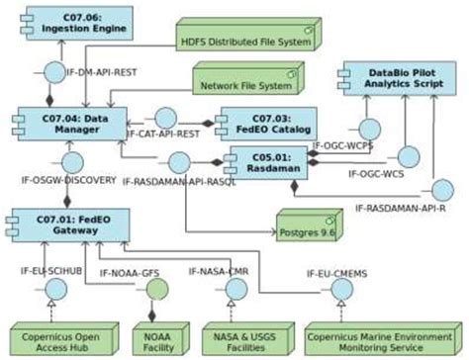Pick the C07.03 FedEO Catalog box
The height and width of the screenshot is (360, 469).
[x=266, y=124]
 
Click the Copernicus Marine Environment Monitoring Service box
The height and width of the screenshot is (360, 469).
[x=382, y=335]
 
